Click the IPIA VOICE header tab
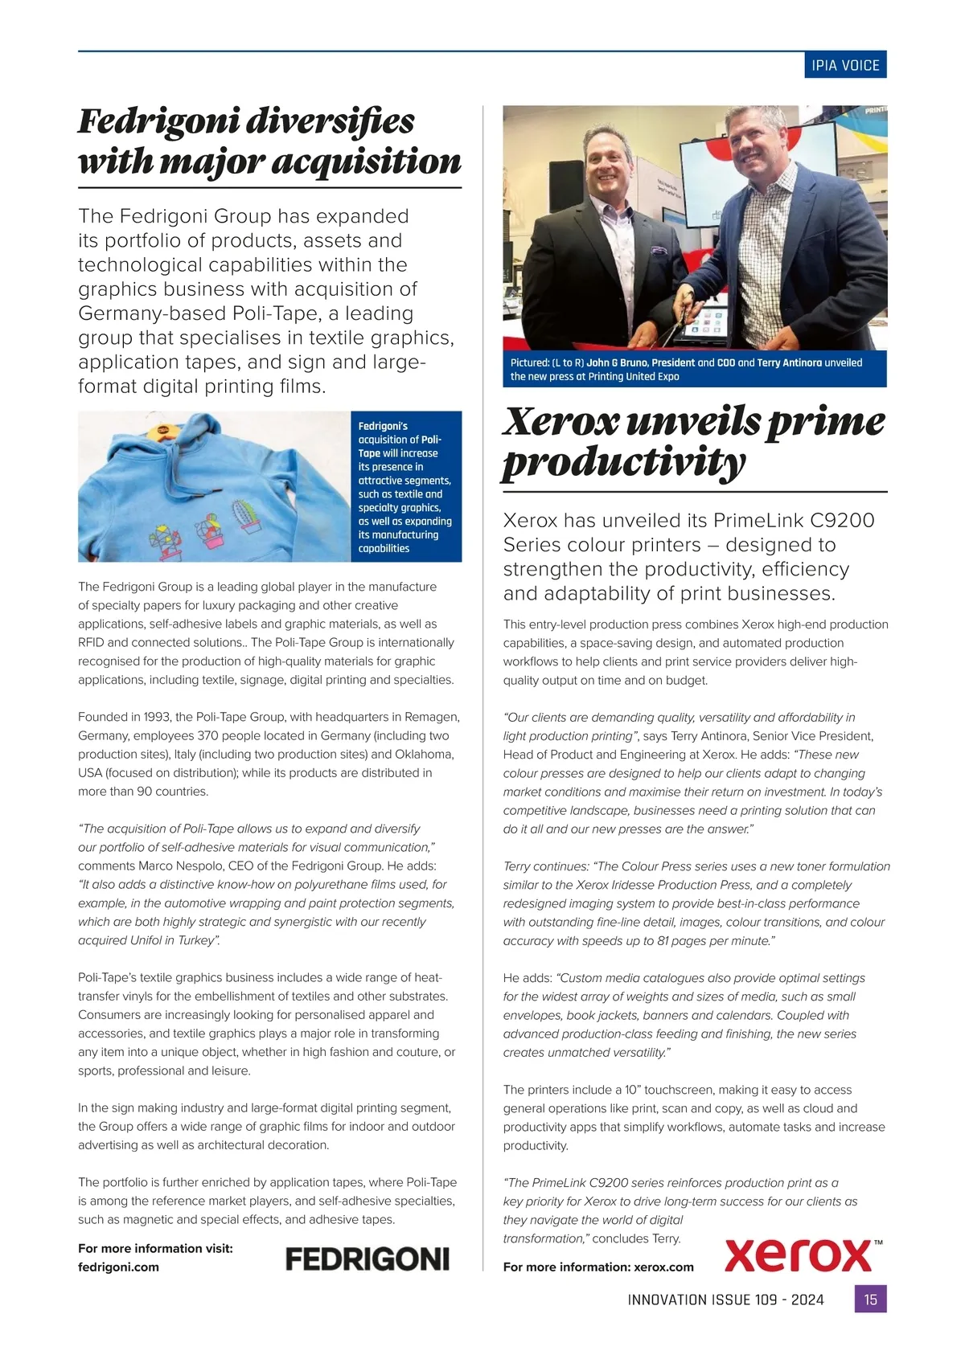(845, 65)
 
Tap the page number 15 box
(870, 1299)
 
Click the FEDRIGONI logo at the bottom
(368, 1259)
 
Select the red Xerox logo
(799, 1255)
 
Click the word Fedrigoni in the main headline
(158, 121)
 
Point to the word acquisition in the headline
(367, 162)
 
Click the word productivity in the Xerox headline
(624, 462)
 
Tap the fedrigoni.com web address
(118, 1267)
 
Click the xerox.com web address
(663, 1267)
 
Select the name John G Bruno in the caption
(617, 362)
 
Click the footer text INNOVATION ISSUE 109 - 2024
(725, 1300)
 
